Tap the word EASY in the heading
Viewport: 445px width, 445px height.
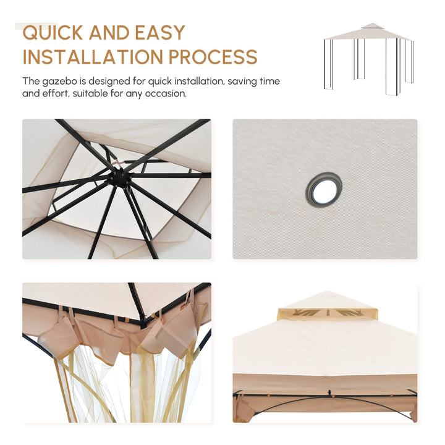(160, 32)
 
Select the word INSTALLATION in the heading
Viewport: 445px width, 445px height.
(93, 57)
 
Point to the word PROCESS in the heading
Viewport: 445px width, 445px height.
(213, 57)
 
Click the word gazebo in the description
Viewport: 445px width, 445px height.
(59, 82)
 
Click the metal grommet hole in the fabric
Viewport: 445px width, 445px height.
(324, 190)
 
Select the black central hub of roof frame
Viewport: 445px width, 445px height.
(120, 177)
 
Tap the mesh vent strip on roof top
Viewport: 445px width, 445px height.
(327, 313)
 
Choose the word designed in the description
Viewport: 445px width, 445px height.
(109, 82)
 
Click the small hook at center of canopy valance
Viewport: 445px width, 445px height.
(330, 393)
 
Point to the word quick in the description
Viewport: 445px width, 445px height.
(160, 82)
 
